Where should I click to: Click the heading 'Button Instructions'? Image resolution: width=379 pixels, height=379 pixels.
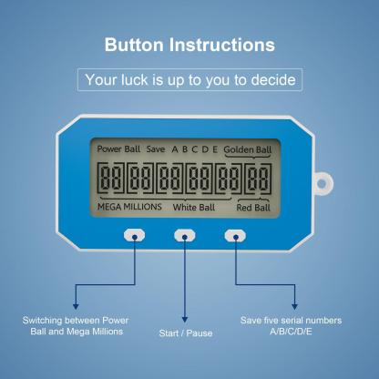click(189, 45)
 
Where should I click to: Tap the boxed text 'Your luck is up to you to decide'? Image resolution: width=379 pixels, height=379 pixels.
click(189, 79)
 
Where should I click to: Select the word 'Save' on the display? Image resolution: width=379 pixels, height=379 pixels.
click(156, 149)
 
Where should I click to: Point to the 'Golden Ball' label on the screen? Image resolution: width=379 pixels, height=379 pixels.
click(248, 149)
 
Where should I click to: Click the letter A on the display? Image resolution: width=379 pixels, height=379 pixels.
click(175, 149)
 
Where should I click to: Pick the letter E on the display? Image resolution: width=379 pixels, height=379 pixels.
click(216, 149)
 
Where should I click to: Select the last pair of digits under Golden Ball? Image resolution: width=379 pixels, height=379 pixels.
click(259, 177)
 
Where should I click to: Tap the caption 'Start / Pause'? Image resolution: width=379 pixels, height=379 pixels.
click(185, 333)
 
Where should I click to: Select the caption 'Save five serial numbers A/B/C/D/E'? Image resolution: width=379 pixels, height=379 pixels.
click(291, 326)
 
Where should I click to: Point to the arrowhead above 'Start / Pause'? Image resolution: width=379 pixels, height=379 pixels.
click(185, 318)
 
